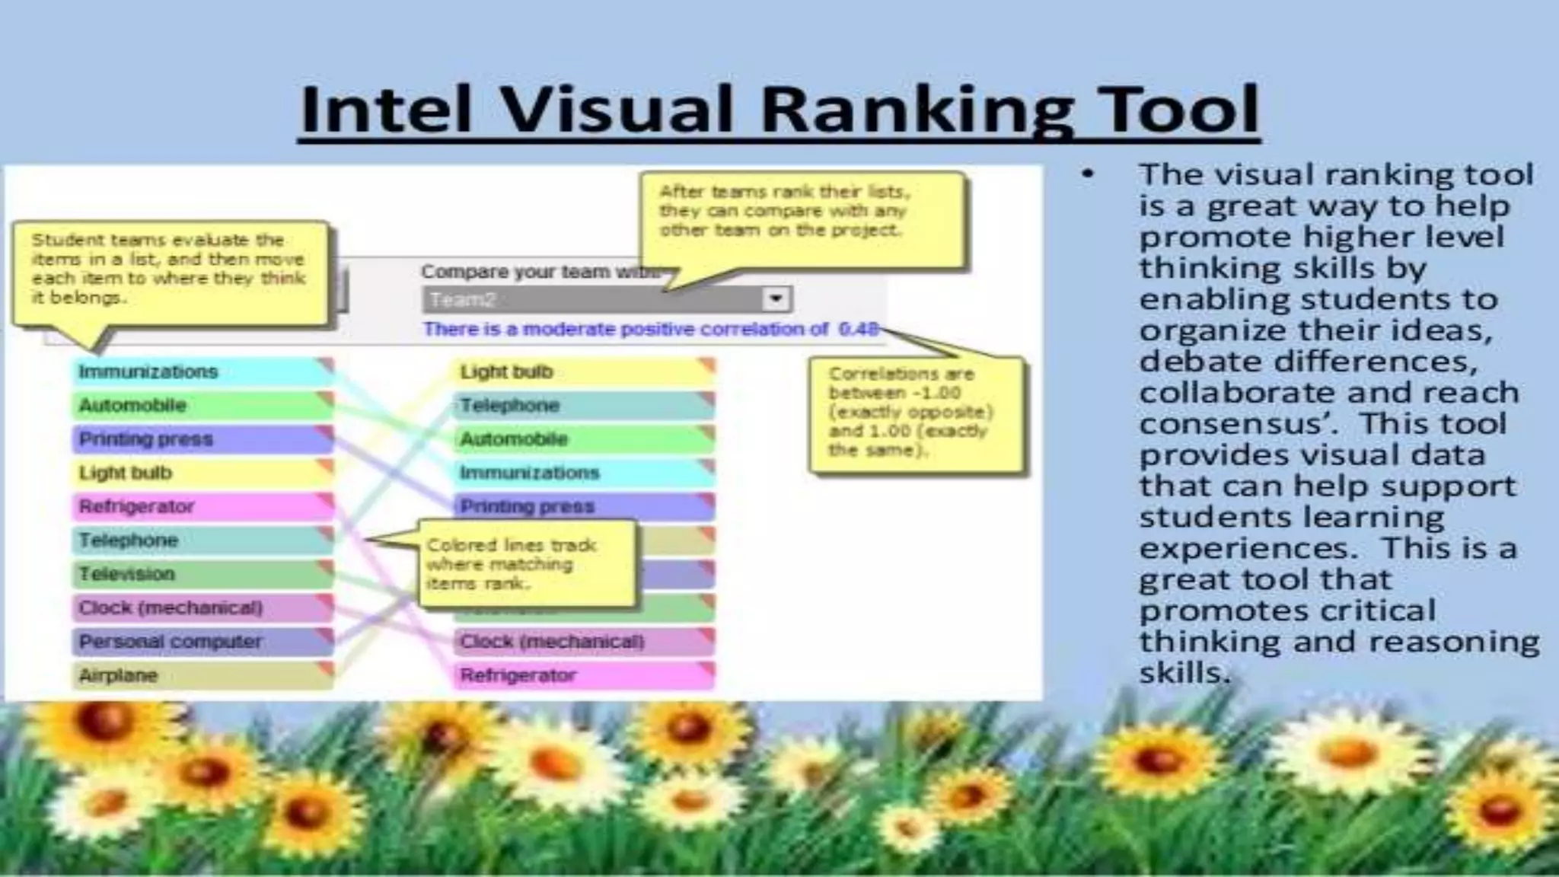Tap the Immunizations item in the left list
pyautogui.click(x=202, y=372)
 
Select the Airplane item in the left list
pyautogui.click(x=202, y=675)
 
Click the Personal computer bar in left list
pyautogui.click(x=202, y=642)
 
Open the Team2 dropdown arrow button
pyautogui.click(x=776, y=299)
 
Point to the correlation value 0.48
pyautogui.click(x=858, y=329)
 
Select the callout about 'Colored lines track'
pyautogui.click(x=526, y=564)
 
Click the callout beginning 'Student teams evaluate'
pyautogui.click(x=169, y=269)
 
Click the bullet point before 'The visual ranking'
pyautogui.click(x=1088, y=175)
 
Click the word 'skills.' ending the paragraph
pyautogui.click(x=1184, y=673)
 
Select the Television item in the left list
pyautogui.click(x=202, y=574)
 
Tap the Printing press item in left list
pyautogui.click(x=202, y=439)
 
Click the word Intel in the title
pyautogui.click(x=386, y=110)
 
